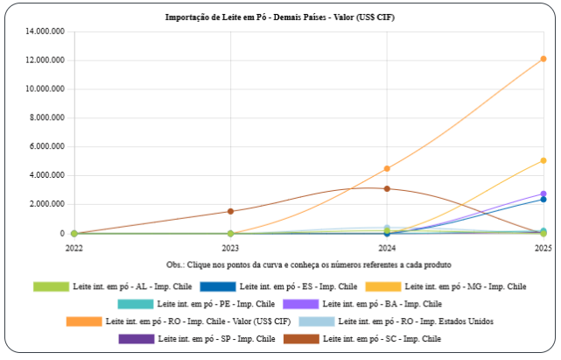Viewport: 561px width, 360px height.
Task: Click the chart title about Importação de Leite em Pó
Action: pos(280,17)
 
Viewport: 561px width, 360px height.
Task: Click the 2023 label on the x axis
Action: pos(230,248)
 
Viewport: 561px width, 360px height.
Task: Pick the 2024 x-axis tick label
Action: pos(387,248)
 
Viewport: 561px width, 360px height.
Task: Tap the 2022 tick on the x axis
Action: pos(74,248)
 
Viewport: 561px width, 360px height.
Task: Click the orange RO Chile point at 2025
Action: pos(543,59)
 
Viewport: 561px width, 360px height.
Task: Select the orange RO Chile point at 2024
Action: pos(387,168)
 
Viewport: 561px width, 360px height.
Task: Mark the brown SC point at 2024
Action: pos(387,188)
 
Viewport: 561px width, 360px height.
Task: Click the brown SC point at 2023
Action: pos(230,211)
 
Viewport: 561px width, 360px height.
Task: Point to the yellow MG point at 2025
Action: pos(543,160)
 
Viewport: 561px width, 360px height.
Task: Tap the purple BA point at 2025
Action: pos(543,194)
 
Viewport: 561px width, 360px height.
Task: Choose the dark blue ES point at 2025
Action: pos(543,199)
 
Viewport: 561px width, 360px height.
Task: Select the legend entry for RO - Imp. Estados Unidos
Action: pos(415,321)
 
